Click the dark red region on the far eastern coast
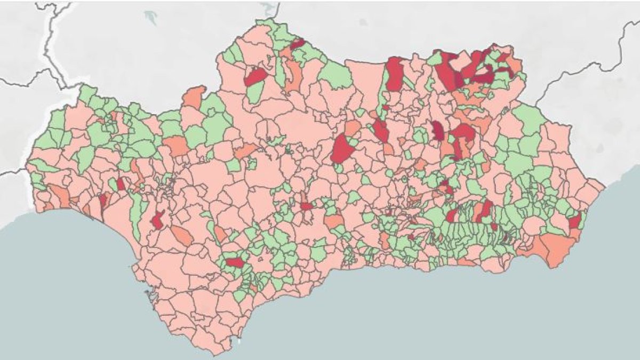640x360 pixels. (x=574, y=221)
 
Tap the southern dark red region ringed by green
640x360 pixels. (x=234, y=262)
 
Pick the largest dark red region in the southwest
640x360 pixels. (x=158, y=220)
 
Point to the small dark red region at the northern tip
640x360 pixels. (x=297, y=44)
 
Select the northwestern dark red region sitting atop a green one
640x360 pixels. (x=255, y=77)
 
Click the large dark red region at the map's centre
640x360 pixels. (x=342, y=148)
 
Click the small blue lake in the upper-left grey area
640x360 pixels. (x=151, y=17)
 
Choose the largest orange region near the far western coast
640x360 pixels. (x=59, y=196)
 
